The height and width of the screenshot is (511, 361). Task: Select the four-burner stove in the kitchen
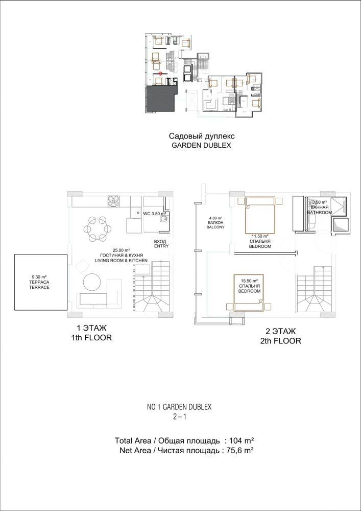pos(113,201)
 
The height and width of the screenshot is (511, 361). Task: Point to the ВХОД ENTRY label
pos(161,244)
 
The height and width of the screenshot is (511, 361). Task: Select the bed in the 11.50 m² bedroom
pos(260,215)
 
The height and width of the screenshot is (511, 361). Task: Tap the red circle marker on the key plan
pos(161,74)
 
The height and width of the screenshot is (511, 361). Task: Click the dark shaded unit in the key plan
pos(160,98)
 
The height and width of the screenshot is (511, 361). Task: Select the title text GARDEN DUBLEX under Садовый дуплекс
pos(201,146)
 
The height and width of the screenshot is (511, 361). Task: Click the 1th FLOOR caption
pos(91,338)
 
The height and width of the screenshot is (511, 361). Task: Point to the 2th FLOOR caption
pos(281,341)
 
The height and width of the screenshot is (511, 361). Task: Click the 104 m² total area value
pos(242,441)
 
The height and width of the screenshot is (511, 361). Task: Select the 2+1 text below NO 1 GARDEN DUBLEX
pos(179,416)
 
